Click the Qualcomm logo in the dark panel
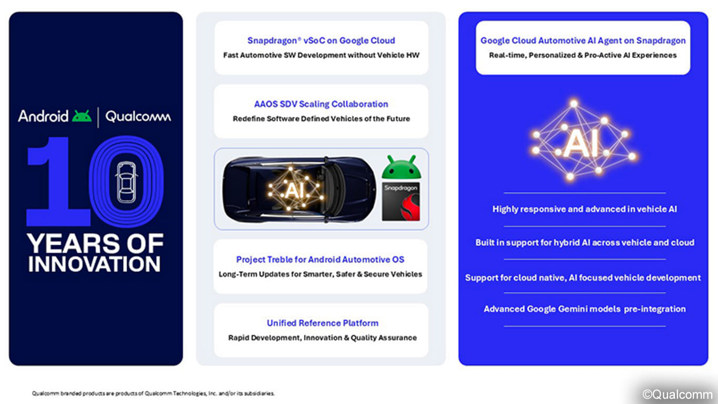138,116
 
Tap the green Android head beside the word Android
82,116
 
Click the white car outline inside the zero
126,182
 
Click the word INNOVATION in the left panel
94,264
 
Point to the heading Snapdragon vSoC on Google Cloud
321,41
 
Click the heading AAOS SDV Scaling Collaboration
321,104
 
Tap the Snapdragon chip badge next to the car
401,201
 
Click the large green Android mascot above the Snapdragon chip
401,167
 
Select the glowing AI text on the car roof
294,190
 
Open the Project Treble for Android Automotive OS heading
320,259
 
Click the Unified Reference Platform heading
322,323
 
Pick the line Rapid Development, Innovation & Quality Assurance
322,338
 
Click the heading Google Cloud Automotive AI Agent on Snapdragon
583,41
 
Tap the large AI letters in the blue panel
581,143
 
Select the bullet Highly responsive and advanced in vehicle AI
584,209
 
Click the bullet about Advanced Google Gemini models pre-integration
584,309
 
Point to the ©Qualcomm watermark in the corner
678,394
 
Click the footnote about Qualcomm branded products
153,393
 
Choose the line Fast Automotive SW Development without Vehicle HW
321,55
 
